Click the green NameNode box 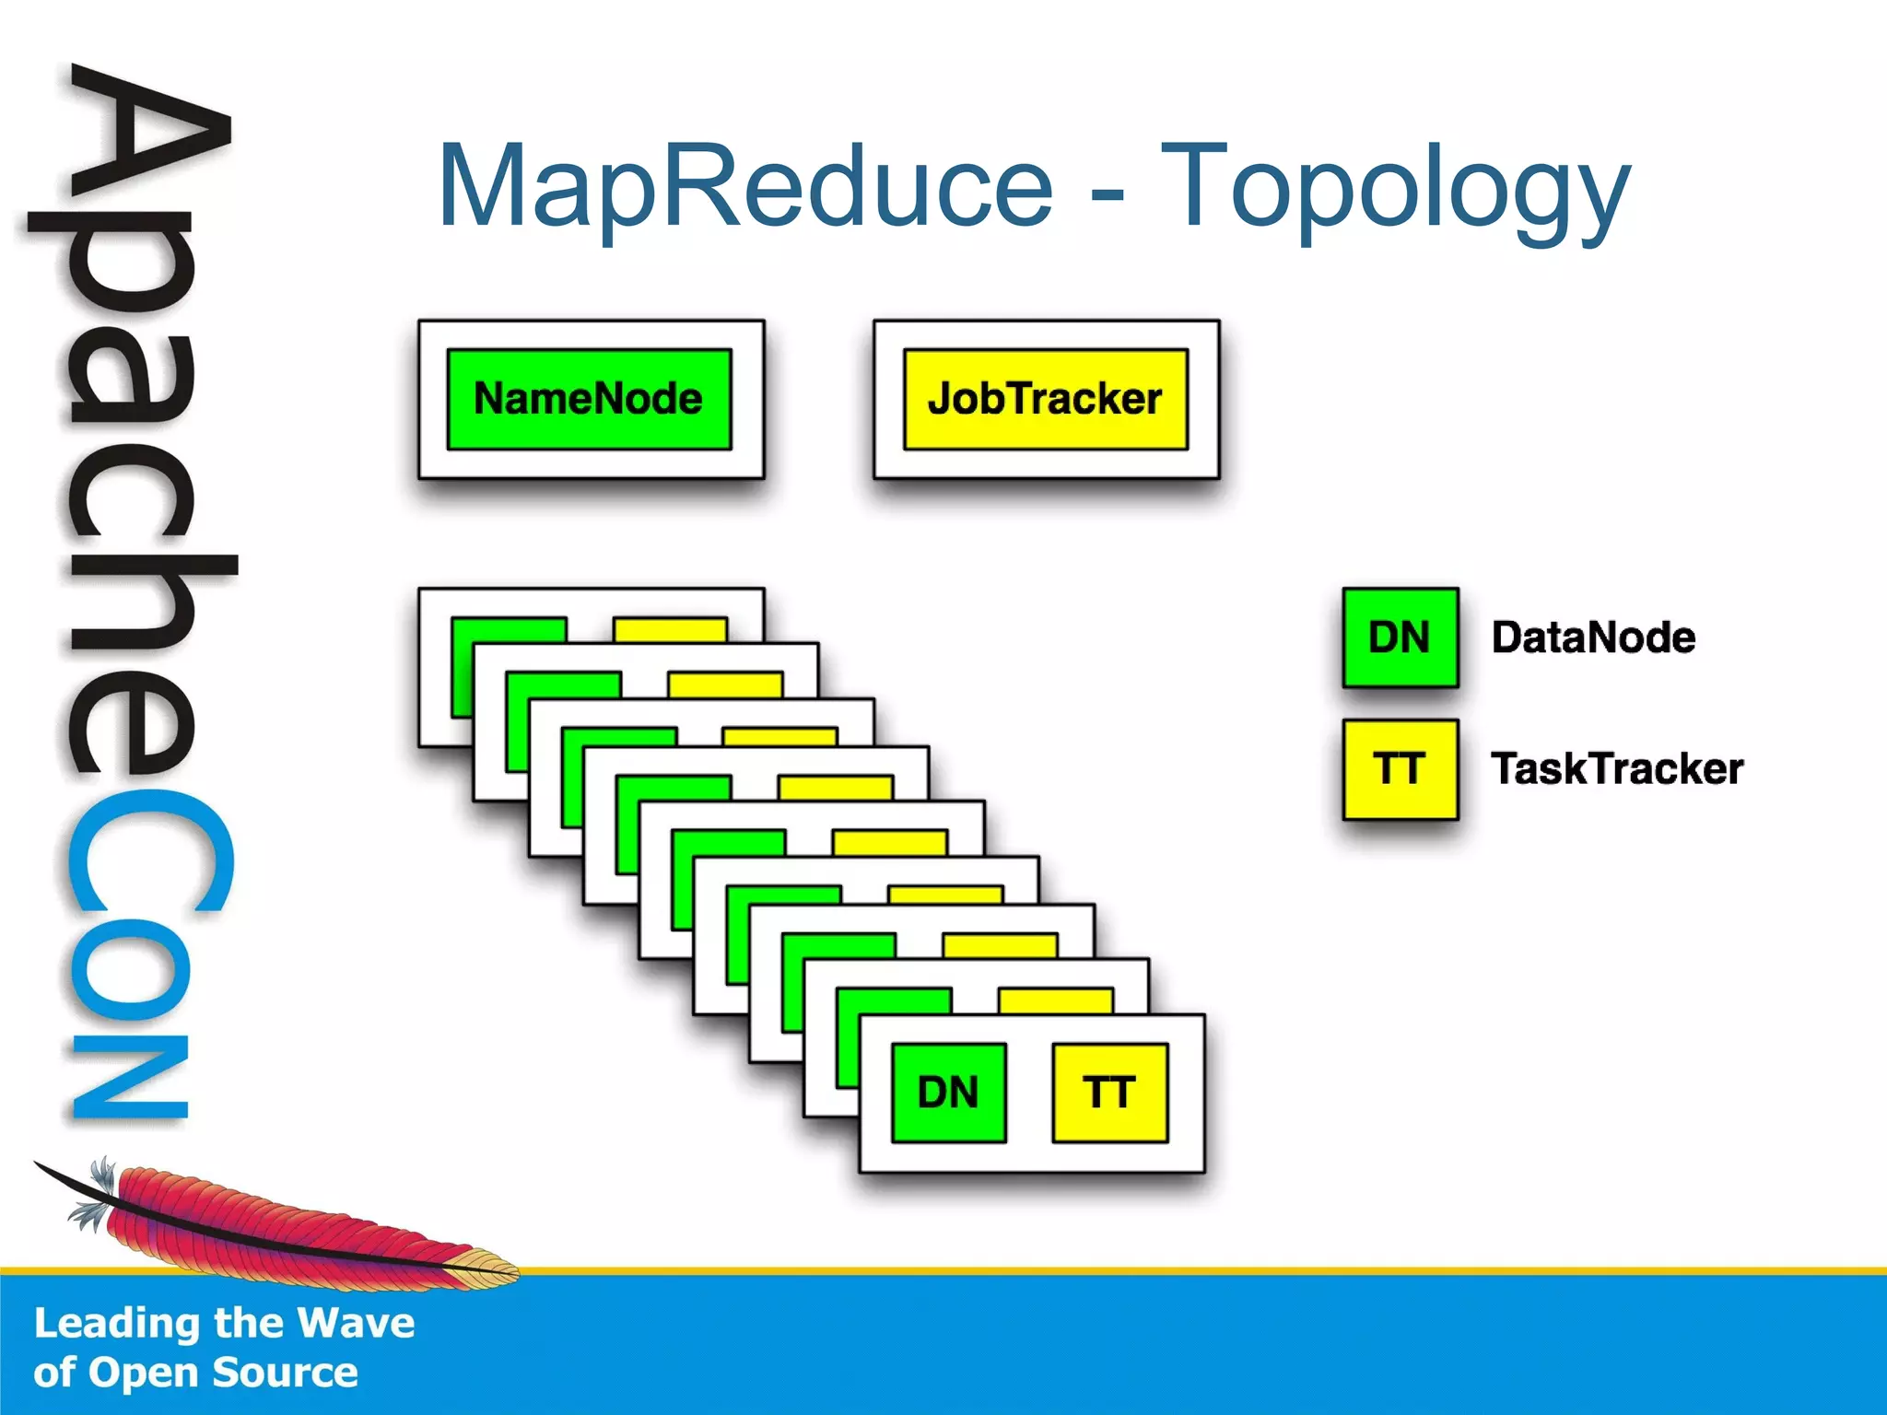coord(589,399)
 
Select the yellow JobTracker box coord(1045,399)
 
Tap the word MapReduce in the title coord(744,187)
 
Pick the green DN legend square coord(1400,637)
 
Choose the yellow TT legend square coord(1400,769)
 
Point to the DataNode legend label coord(1593,637)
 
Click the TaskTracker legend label coord(1617,769)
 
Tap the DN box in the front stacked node coord(948,1093)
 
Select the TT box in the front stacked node coord(1109,1093)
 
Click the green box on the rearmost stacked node coord(507,630)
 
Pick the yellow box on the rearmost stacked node coord(670,629)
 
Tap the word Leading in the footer coord(118,1323)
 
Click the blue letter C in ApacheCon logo coord(147,852)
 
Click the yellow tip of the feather coord(488,1267)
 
